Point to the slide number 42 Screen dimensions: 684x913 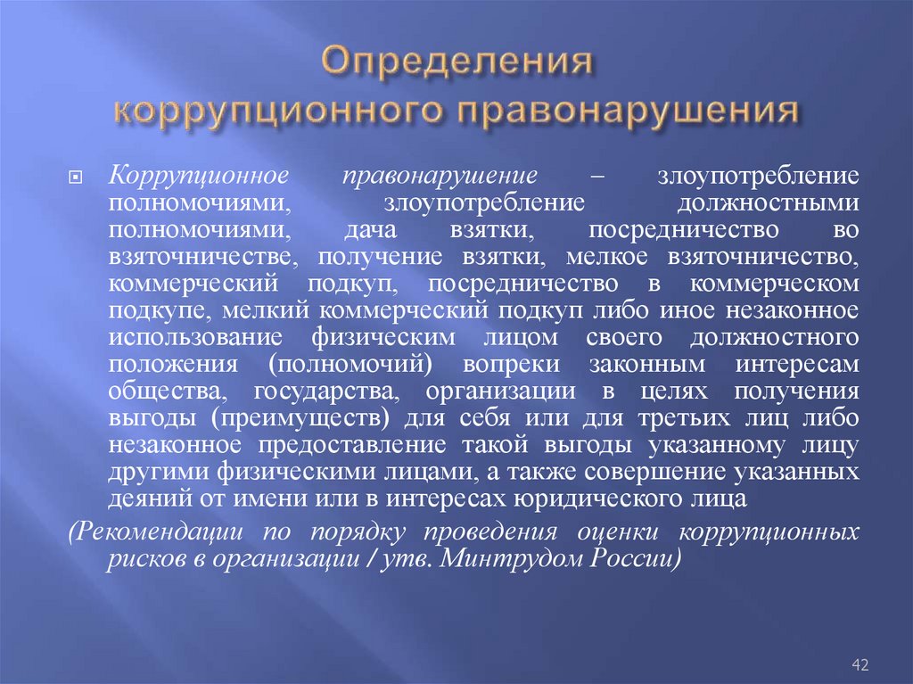[x=860, y=664]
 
